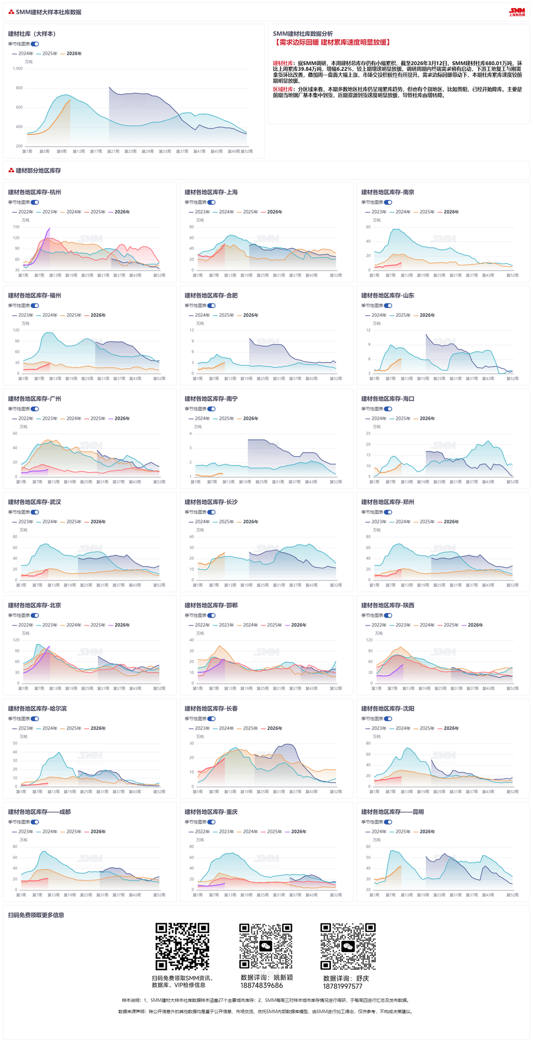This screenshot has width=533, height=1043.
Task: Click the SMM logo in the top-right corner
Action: (517, 12)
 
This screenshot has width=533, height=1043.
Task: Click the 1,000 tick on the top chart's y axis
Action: (18, 69)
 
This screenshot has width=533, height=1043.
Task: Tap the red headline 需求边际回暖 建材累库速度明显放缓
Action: (332, 42)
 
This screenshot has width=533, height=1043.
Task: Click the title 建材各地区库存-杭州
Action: (34, 192)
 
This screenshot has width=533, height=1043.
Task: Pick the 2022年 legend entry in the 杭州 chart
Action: (23, 212)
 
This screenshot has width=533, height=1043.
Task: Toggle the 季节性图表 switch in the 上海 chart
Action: (212, 202)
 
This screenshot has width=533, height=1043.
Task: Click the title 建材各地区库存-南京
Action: (388, 192)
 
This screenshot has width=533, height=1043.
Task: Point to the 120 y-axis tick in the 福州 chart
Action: (16, 330)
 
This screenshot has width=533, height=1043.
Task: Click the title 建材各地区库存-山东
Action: (388, 295)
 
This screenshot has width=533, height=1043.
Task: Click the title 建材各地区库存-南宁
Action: (211, 399)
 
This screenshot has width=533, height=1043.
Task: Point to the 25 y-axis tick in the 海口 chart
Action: (368, 433)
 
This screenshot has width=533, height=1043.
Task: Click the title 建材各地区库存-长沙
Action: (211, 502)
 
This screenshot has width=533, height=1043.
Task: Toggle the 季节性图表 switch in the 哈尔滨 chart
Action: (35, 718)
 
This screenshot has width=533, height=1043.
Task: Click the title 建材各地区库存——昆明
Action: (392, 812)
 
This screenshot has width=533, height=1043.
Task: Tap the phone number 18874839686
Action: (261, 985)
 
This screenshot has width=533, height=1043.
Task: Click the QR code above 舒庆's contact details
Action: (348, 946)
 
